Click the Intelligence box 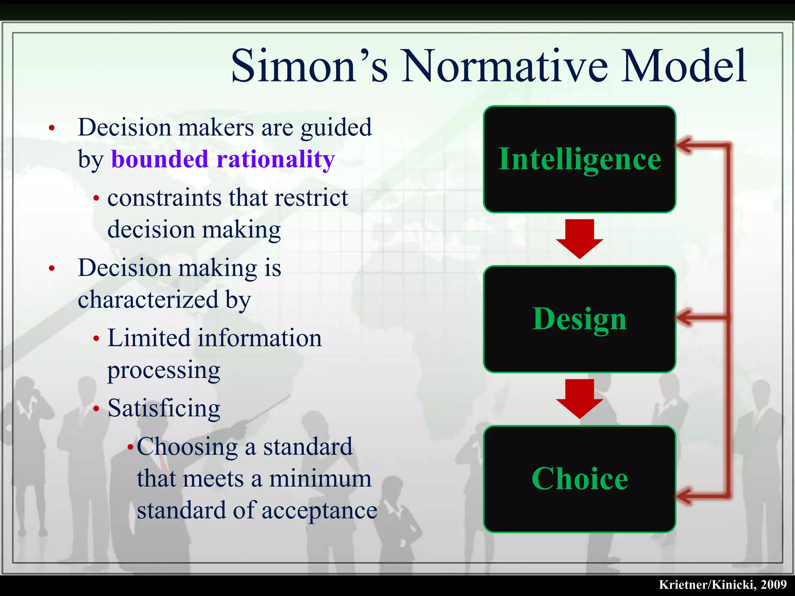click(579, 159)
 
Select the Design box click(579, 319)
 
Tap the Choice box click(579, 479)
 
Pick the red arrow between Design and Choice click(580, 398)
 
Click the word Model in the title click(683, 66)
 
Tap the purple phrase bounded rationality click(223, 159)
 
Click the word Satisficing click(164, 409)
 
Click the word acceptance click(319, 510)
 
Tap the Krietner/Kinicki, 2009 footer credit click(722, 584)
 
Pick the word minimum click(320, 479)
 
